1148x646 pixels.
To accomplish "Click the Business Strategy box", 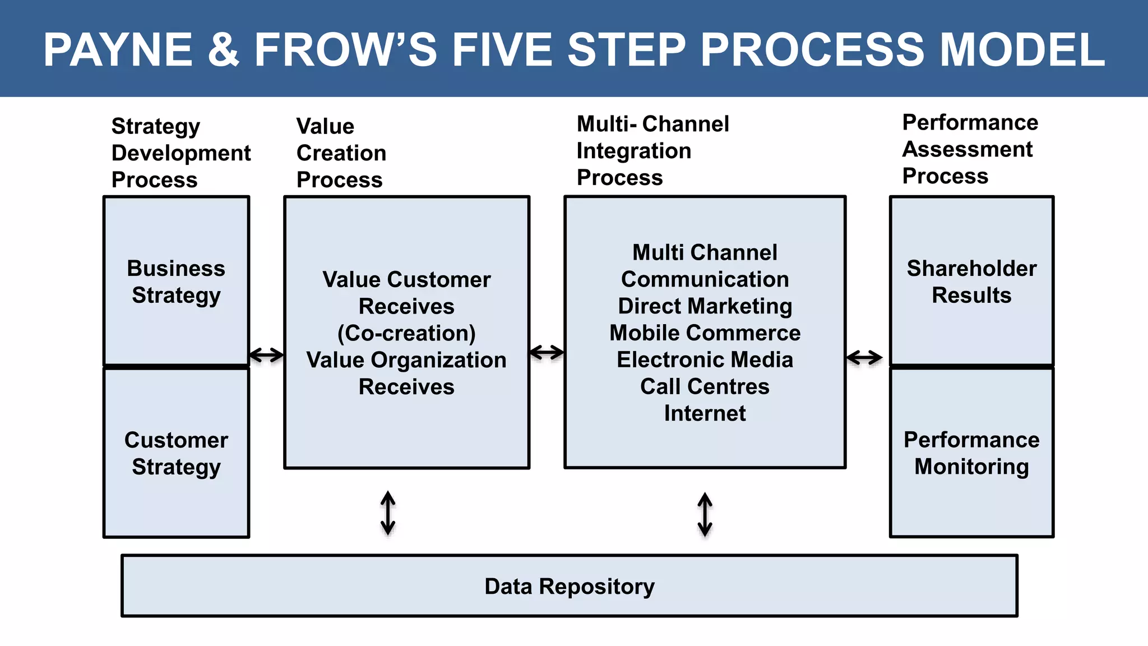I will click(x=176, y=281).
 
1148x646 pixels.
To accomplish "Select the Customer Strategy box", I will click(x=176, y=453).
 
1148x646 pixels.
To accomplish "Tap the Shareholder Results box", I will click(x=971, y=281).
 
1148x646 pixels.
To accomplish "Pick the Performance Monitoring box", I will click(x=971, y=453).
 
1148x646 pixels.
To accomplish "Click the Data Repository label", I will click(x=569, y=586).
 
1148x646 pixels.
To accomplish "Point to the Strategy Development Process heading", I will click(x=180, y=153).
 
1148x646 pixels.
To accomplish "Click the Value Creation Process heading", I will click(x=341, y=153).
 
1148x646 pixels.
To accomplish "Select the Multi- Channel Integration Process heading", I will click(x=652, y=150).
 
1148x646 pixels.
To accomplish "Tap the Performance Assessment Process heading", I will click(x=970, y=149).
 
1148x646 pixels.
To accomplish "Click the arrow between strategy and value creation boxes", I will click(x=266, y=355).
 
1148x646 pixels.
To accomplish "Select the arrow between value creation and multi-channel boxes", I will click(x=547, y=353).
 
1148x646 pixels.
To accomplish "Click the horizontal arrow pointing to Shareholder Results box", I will click(x=864, y=357).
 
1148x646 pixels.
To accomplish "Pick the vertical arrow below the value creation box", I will click(x=388, y=513).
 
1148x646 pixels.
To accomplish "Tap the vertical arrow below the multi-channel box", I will click(x=705, y=514).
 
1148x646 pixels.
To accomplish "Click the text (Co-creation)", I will click(x=406, y=333).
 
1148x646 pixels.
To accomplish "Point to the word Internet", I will click(x=705, y=413).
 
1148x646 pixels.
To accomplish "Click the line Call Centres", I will click(x=705, y=386).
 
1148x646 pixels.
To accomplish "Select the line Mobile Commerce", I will click(x=705, y=333).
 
